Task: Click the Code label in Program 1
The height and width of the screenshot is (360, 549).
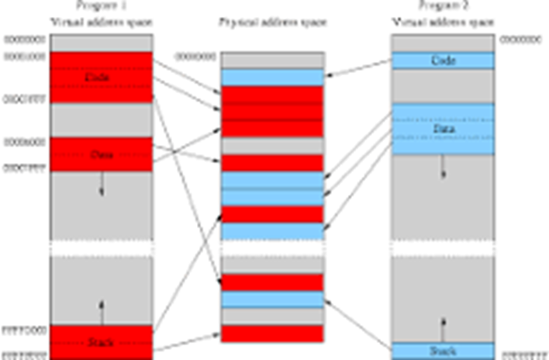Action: coord(101,77)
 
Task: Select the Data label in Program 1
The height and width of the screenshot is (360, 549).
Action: coord(101,154)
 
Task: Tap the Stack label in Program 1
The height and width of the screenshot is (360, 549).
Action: coord(101,341)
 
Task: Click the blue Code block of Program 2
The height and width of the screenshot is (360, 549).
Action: coord(443,61)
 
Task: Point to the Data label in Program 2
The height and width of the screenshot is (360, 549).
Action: coord(443,128)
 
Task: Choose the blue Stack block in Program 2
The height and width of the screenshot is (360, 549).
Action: coord(443,350)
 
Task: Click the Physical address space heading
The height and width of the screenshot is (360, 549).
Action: coord(272,22)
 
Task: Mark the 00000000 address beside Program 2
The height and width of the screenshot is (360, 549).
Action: coord(521,38)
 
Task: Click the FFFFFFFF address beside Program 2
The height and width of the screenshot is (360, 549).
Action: coord(521,355)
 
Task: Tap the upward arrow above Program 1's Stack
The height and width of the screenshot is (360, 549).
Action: coord(101,310)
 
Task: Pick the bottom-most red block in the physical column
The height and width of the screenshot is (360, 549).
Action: coord(272,334)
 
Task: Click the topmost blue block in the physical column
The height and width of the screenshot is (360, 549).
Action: coord(272,77)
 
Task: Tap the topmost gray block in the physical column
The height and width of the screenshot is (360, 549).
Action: coord(272,60)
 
